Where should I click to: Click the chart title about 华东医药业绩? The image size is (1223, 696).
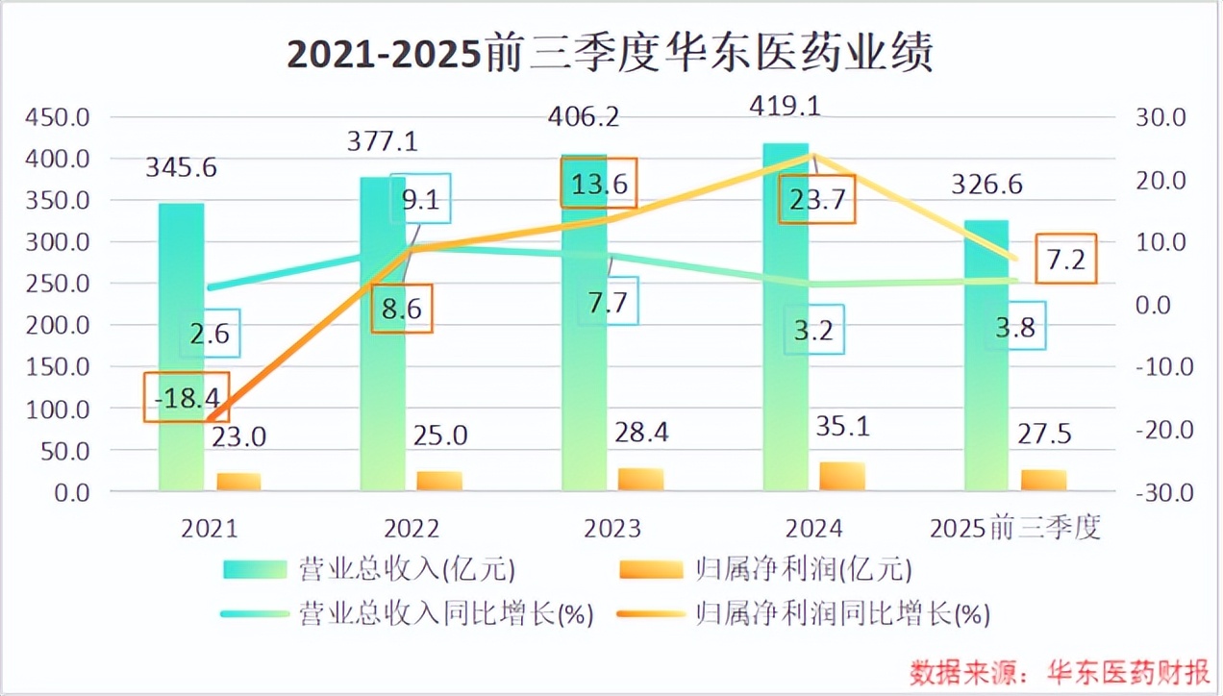611,55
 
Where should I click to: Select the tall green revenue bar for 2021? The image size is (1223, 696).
182,346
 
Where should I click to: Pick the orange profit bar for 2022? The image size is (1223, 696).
439,481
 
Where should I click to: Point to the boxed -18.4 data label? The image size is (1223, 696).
187,396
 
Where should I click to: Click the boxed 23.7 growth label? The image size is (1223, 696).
816,200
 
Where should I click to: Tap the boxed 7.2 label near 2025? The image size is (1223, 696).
1066,259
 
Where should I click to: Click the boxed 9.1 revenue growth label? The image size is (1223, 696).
420,200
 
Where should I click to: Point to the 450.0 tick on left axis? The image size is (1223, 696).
57,118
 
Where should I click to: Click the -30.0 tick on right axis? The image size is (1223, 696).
1162,492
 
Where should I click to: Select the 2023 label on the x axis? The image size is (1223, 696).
612,529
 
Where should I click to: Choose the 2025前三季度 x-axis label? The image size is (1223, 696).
1015,529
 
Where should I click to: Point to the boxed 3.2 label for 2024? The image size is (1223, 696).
812,333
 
